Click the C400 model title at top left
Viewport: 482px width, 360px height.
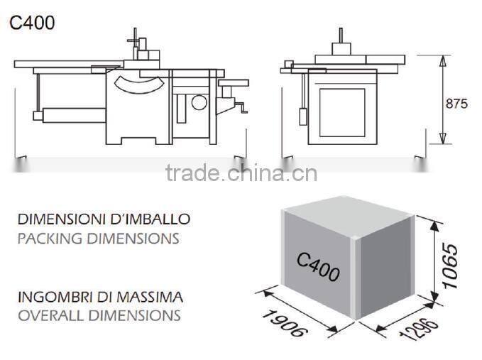click(x=32, y=22)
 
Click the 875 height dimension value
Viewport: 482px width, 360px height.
click(x=456, y=104)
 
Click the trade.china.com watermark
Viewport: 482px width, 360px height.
click(x=241, y=173)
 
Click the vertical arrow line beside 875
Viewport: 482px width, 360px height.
click(x=442, y=100)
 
